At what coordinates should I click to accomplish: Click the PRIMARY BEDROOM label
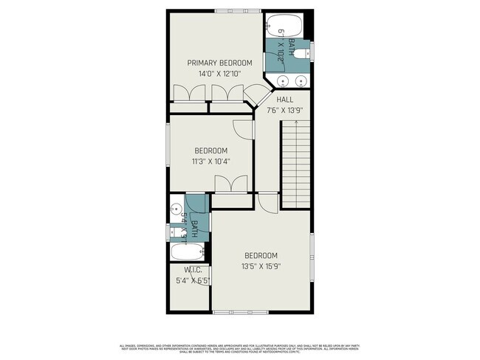coord(219,63)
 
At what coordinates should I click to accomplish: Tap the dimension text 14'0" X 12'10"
coord(219,74)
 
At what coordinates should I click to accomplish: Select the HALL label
coord(285,99)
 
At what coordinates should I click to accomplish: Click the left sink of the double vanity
coord(281,81)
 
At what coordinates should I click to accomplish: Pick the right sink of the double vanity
coord(301,81)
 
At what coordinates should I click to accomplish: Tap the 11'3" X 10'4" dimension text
coord(210,161)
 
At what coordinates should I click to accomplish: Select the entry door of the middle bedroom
coord(243,127)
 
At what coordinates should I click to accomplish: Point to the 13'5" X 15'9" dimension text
coord(261,266)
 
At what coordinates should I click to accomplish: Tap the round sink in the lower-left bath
coord(176,207)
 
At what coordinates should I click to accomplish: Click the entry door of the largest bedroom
coord(269,200)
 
